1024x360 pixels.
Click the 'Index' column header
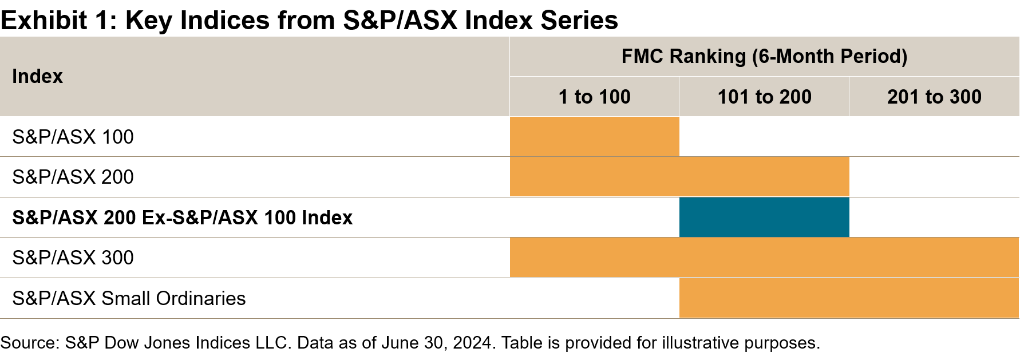point(37,76)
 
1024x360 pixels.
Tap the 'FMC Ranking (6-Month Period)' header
point(764,56)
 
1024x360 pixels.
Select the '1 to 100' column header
point(594,97)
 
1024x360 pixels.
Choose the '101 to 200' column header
point(764,97)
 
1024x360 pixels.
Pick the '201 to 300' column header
point(934,97)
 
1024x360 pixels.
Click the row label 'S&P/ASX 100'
point(73,137)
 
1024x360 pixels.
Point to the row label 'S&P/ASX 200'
point(73,177)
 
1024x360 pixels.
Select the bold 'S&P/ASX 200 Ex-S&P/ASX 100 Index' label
point(182,217)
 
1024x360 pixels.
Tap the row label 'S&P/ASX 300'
point(73,258)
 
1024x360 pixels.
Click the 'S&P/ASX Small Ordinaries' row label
point(129,298)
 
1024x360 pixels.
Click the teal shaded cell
point(764,217)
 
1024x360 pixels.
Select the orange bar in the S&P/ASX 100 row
point(594,137)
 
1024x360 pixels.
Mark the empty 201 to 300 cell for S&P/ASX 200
point(934,177)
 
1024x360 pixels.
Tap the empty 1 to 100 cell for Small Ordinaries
point(594,298)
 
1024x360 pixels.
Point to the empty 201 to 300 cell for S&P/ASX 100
point(934,137)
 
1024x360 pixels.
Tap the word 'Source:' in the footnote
point(30,343)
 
